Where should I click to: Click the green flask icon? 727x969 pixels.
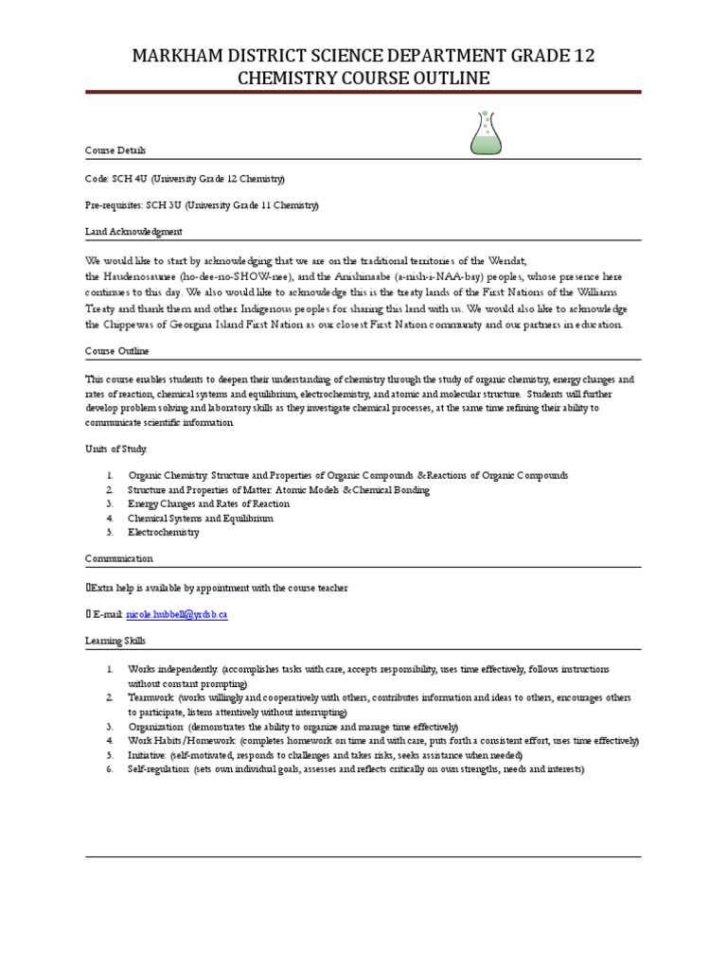(486, 133)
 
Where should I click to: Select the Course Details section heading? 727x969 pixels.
(115, 150)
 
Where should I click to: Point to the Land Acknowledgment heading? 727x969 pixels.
(133, 232)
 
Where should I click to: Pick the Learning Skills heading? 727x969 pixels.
(115, 642)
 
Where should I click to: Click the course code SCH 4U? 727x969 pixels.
(125, 178)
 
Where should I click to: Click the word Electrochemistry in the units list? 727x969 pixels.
(164, 533)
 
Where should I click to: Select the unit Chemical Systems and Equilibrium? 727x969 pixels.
(201, 519)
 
